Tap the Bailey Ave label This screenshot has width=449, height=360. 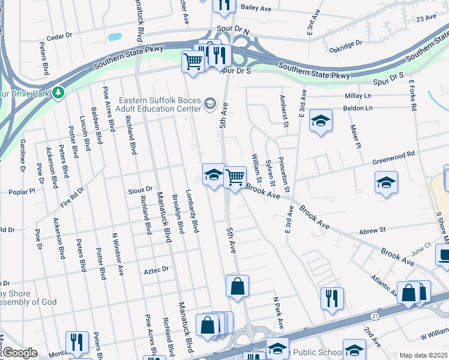click(257, 7)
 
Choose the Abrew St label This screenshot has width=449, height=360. click(372, 230)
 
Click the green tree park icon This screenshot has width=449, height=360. click(58, 93)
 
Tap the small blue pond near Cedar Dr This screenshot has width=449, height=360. click(114, 37)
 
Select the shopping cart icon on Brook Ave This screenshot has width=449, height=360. click(235, 176)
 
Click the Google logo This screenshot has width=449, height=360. click(20, 353)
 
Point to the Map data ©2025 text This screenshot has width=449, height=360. click(423, 355)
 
